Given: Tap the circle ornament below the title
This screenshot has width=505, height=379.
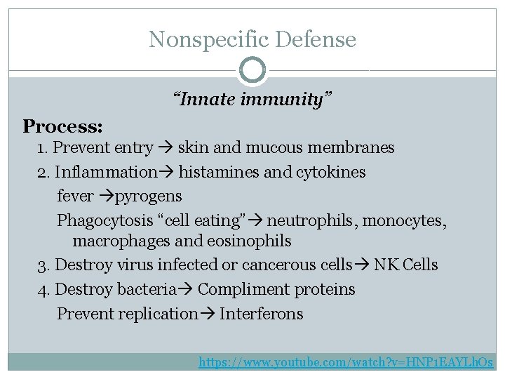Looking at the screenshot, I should [x=252, y=70].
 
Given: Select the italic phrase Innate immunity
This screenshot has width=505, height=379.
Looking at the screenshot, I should [x=252, y=100].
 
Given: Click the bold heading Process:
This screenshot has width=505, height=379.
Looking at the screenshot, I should [x=63, y=126].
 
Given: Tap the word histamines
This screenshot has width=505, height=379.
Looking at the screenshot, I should [x=220, y=172].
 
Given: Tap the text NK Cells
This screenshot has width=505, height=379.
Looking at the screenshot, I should [x=406, y=265].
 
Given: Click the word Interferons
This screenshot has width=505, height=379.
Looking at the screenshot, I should [x=262, y=314].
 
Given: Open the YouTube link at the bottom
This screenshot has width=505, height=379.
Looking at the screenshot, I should [x=346, y=363].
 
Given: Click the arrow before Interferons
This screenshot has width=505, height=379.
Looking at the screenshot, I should [x=209, y=314].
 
